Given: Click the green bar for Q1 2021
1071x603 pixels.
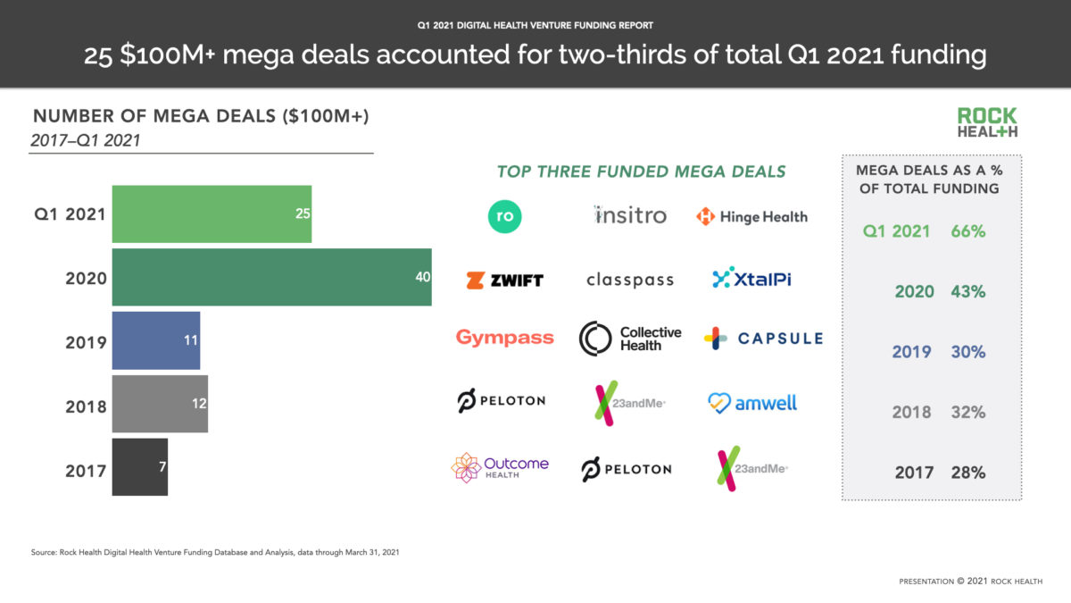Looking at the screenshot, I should click(x=212, y=214).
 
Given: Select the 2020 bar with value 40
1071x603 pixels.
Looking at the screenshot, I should click(x=271, y=278).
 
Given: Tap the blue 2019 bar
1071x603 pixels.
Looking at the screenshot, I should click(x=155, y=341).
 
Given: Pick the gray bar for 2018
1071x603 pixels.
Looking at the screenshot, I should click(x=160, y=405).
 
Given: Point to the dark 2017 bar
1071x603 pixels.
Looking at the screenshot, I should click(x=139, y=467).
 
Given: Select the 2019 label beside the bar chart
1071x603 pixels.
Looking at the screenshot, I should click(x=86, y=342).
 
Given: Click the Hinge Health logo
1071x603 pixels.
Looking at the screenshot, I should click(x=751, y=216).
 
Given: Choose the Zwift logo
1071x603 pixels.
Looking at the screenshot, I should click(x=504, y=280).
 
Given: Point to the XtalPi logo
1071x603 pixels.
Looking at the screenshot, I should click(x=751, y=279).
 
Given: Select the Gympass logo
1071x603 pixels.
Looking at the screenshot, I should click(x=504, y=338).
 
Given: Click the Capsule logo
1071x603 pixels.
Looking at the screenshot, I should click(x=762, y=339).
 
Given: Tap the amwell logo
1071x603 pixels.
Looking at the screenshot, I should click(x=751, y=403).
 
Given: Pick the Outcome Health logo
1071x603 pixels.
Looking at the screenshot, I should click(x=500, y=467).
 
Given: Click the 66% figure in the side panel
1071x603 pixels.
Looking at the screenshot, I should click(x=967, y=231).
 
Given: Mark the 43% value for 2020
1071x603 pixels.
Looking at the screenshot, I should click(x=967, y=292).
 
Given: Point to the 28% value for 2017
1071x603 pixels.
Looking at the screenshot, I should click(x=967, y=473).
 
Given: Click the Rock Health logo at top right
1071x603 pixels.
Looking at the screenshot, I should click(x=987, y=122).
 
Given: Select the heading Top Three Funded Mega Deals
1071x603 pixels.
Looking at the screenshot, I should click(x=641, y=172).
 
